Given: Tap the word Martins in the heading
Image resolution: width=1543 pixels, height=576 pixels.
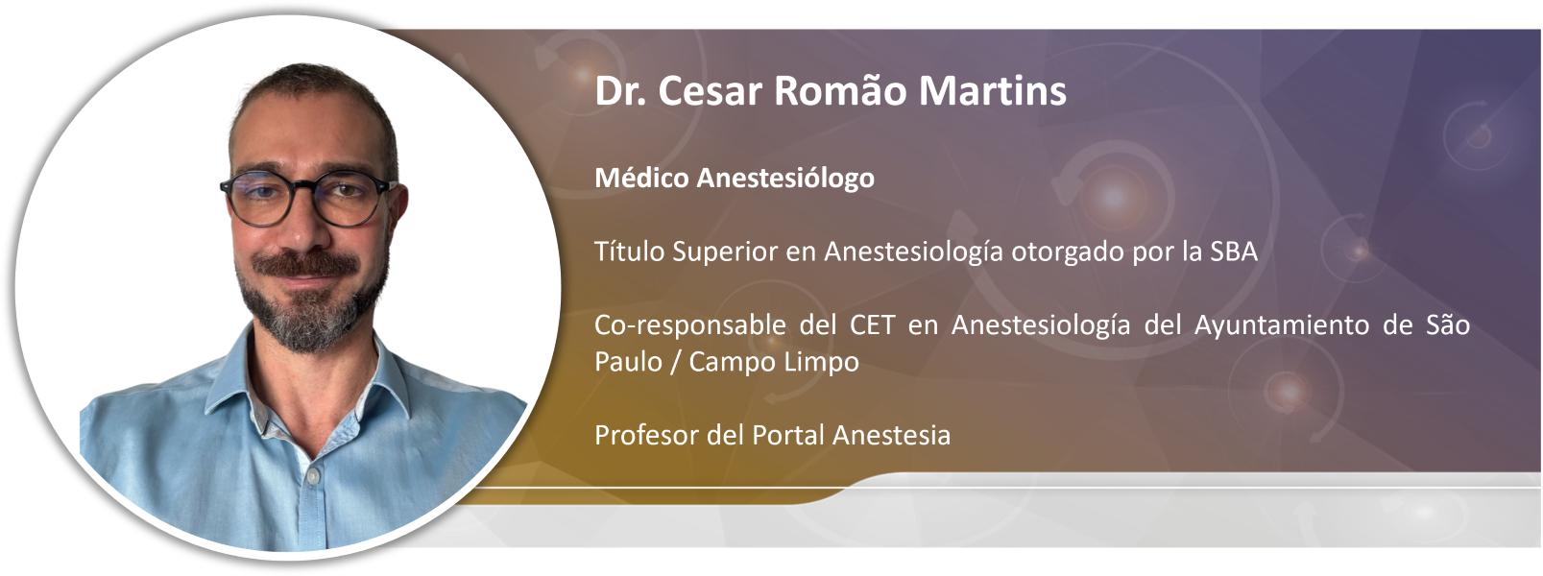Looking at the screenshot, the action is [x=993, y=90].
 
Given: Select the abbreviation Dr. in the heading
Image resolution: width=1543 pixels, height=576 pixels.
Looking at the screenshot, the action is [x=620, y=90].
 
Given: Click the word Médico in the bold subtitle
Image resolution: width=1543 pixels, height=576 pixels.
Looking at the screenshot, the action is [x=641, y=178].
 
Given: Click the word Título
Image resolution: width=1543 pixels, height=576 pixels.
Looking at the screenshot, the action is [x=630, y=252].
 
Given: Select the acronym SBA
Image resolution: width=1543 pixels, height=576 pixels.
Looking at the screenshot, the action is [x=1234, y=252].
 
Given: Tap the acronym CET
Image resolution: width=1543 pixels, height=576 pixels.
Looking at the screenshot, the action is [x=872, y=325].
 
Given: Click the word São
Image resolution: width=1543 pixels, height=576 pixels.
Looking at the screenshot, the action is [x=1448, y=324].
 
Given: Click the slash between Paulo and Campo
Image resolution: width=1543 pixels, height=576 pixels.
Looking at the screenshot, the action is [x=676, y=363].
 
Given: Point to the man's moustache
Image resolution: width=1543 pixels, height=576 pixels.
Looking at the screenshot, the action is [x=304, y=265].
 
